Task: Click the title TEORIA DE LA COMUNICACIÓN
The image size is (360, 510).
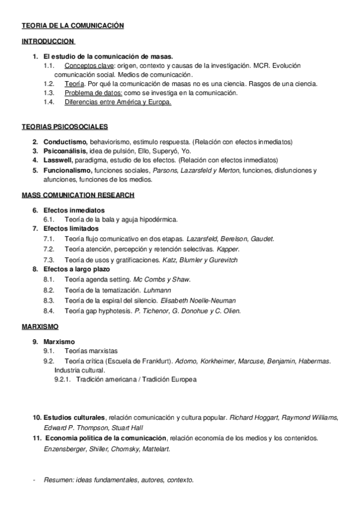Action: tap(72, 26)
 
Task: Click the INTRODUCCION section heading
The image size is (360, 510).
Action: tap(48, 41)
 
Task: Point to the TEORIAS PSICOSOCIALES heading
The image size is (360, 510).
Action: tap(64, 127)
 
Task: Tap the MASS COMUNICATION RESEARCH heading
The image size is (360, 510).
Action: tap(78, 195)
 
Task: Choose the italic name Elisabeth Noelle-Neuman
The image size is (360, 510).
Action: tap(198, 300)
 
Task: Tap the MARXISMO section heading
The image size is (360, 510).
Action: tap(40, 326)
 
